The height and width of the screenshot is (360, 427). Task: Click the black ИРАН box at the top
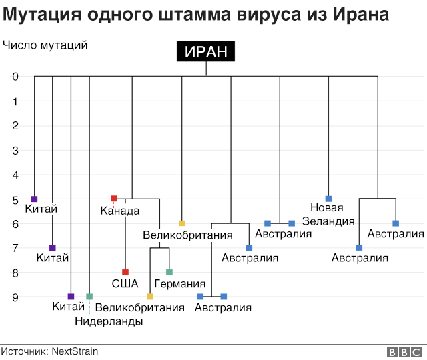(x=205, y=52)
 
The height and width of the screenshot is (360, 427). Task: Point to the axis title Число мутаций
(x=45, y=45)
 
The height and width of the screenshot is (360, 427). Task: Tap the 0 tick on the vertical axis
(x=15, y=77)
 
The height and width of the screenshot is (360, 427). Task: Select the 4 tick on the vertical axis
(x=15, y=175)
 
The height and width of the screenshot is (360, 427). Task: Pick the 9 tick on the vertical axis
(x=15, y=297)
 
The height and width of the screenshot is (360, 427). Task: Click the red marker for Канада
(x=114, y=199)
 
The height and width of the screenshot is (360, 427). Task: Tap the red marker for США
(x=125, y=272)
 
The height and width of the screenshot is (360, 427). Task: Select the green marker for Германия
(x=169, y=272)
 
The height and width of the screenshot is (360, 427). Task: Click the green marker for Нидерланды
(x=89, y=297)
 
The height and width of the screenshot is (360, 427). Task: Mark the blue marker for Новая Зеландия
(x=328, y=199)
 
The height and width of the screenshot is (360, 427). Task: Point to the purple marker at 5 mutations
(x=35, y=199)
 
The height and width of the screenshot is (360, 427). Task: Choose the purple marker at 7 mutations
(x=53, y=248)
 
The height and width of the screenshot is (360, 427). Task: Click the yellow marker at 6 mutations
(x=181, y=223)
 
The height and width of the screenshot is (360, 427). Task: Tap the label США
(x=125, y=284)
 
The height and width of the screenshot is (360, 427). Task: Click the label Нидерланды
(x=108, y=321)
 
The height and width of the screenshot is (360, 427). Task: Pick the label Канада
(x=120, y=211)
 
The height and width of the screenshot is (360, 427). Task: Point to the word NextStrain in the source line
(x=74, y=351)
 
